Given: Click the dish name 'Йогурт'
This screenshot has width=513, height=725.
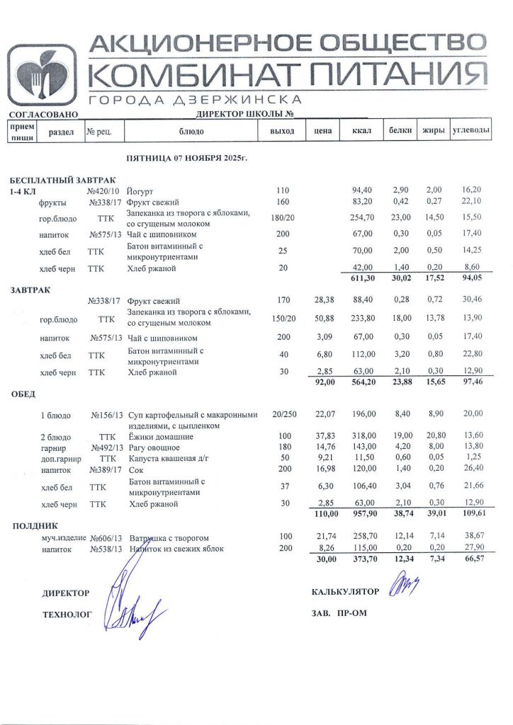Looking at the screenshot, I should [140, 191].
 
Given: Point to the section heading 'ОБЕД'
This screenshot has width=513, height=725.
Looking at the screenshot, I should [23, 394].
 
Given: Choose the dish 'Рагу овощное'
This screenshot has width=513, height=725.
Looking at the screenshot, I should [154, 447].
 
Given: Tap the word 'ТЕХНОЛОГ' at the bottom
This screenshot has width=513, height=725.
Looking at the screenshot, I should [67, 616].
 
